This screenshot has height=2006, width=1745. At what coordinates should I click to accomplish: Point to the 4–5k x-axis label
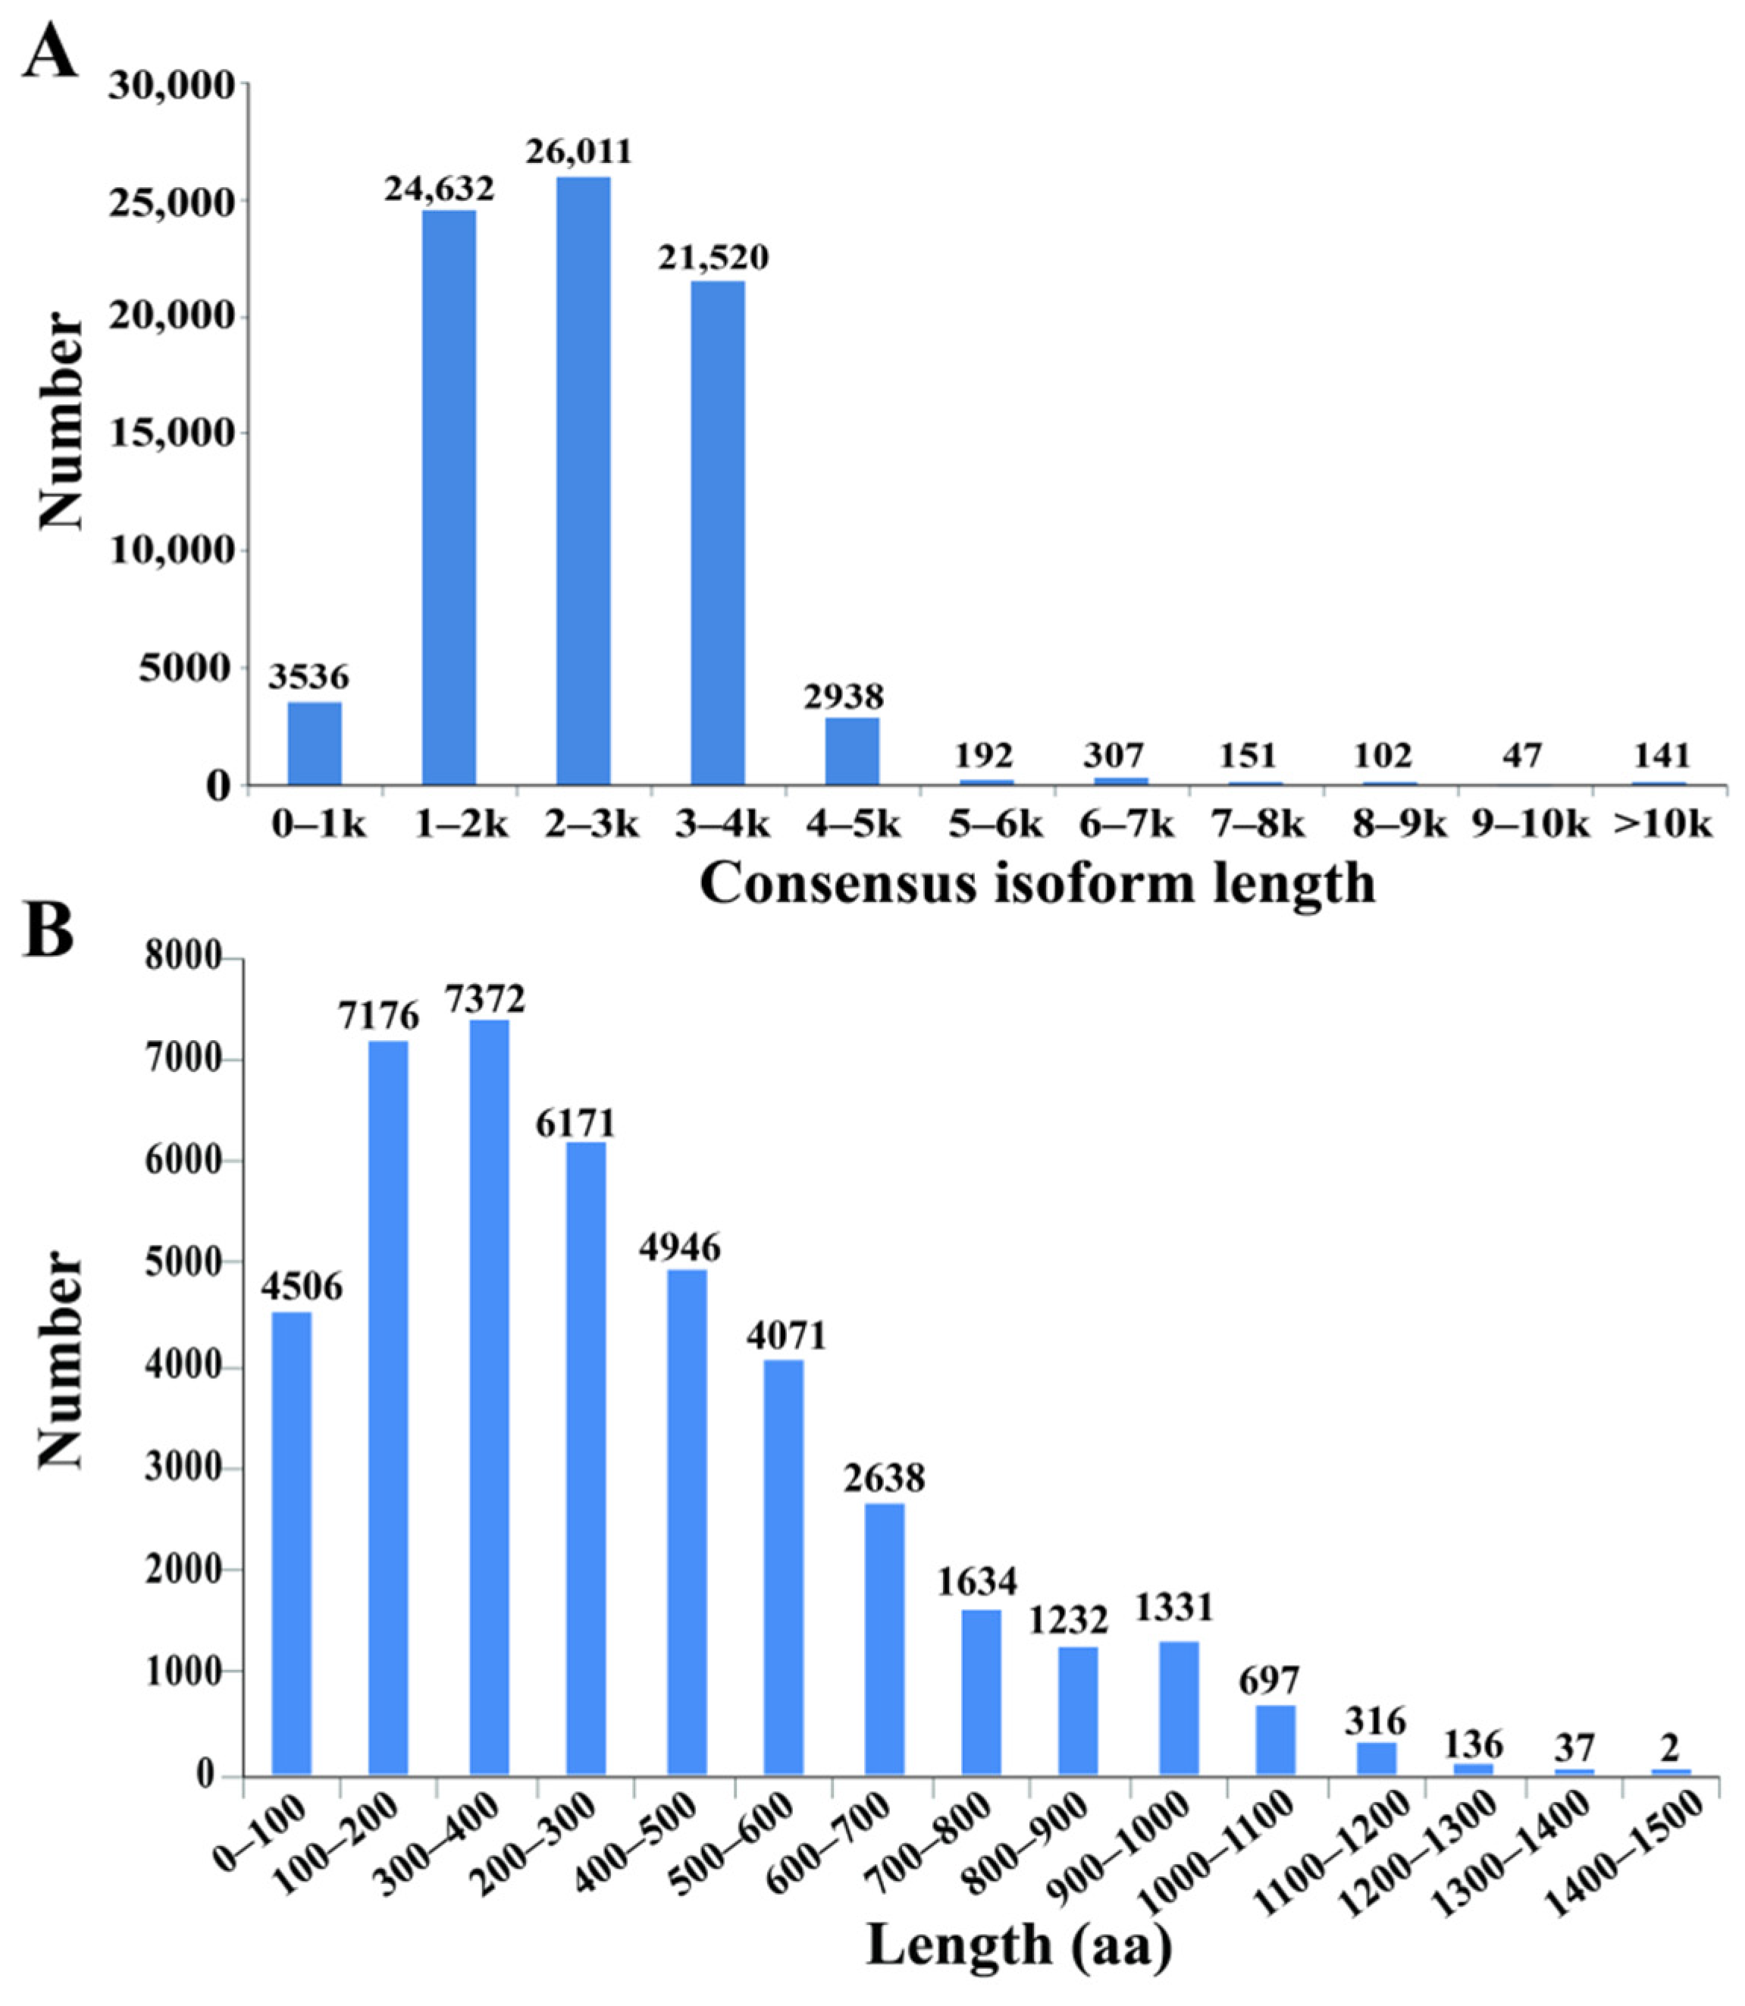[853, 826]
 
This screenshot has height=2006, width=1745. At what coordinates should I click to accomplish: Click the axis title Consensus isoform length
[1037, 884]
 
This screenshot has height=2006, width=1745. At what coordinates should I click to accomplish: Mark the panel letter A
[51, 54]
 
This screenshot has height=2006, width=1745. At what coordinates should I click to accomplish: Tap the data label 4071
[785, 1335]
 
